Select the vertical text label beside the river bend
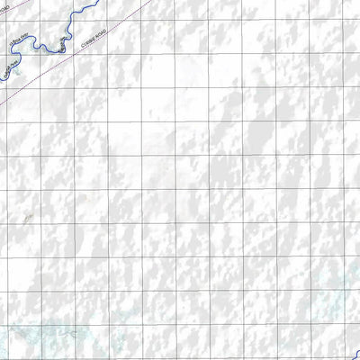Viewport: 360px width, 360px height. [x=61, y=44]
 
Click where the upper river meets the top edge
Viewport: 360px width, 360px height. [x=97, y=1]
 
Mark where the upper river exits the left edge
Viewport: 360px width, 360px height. [x=1, y=79]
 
